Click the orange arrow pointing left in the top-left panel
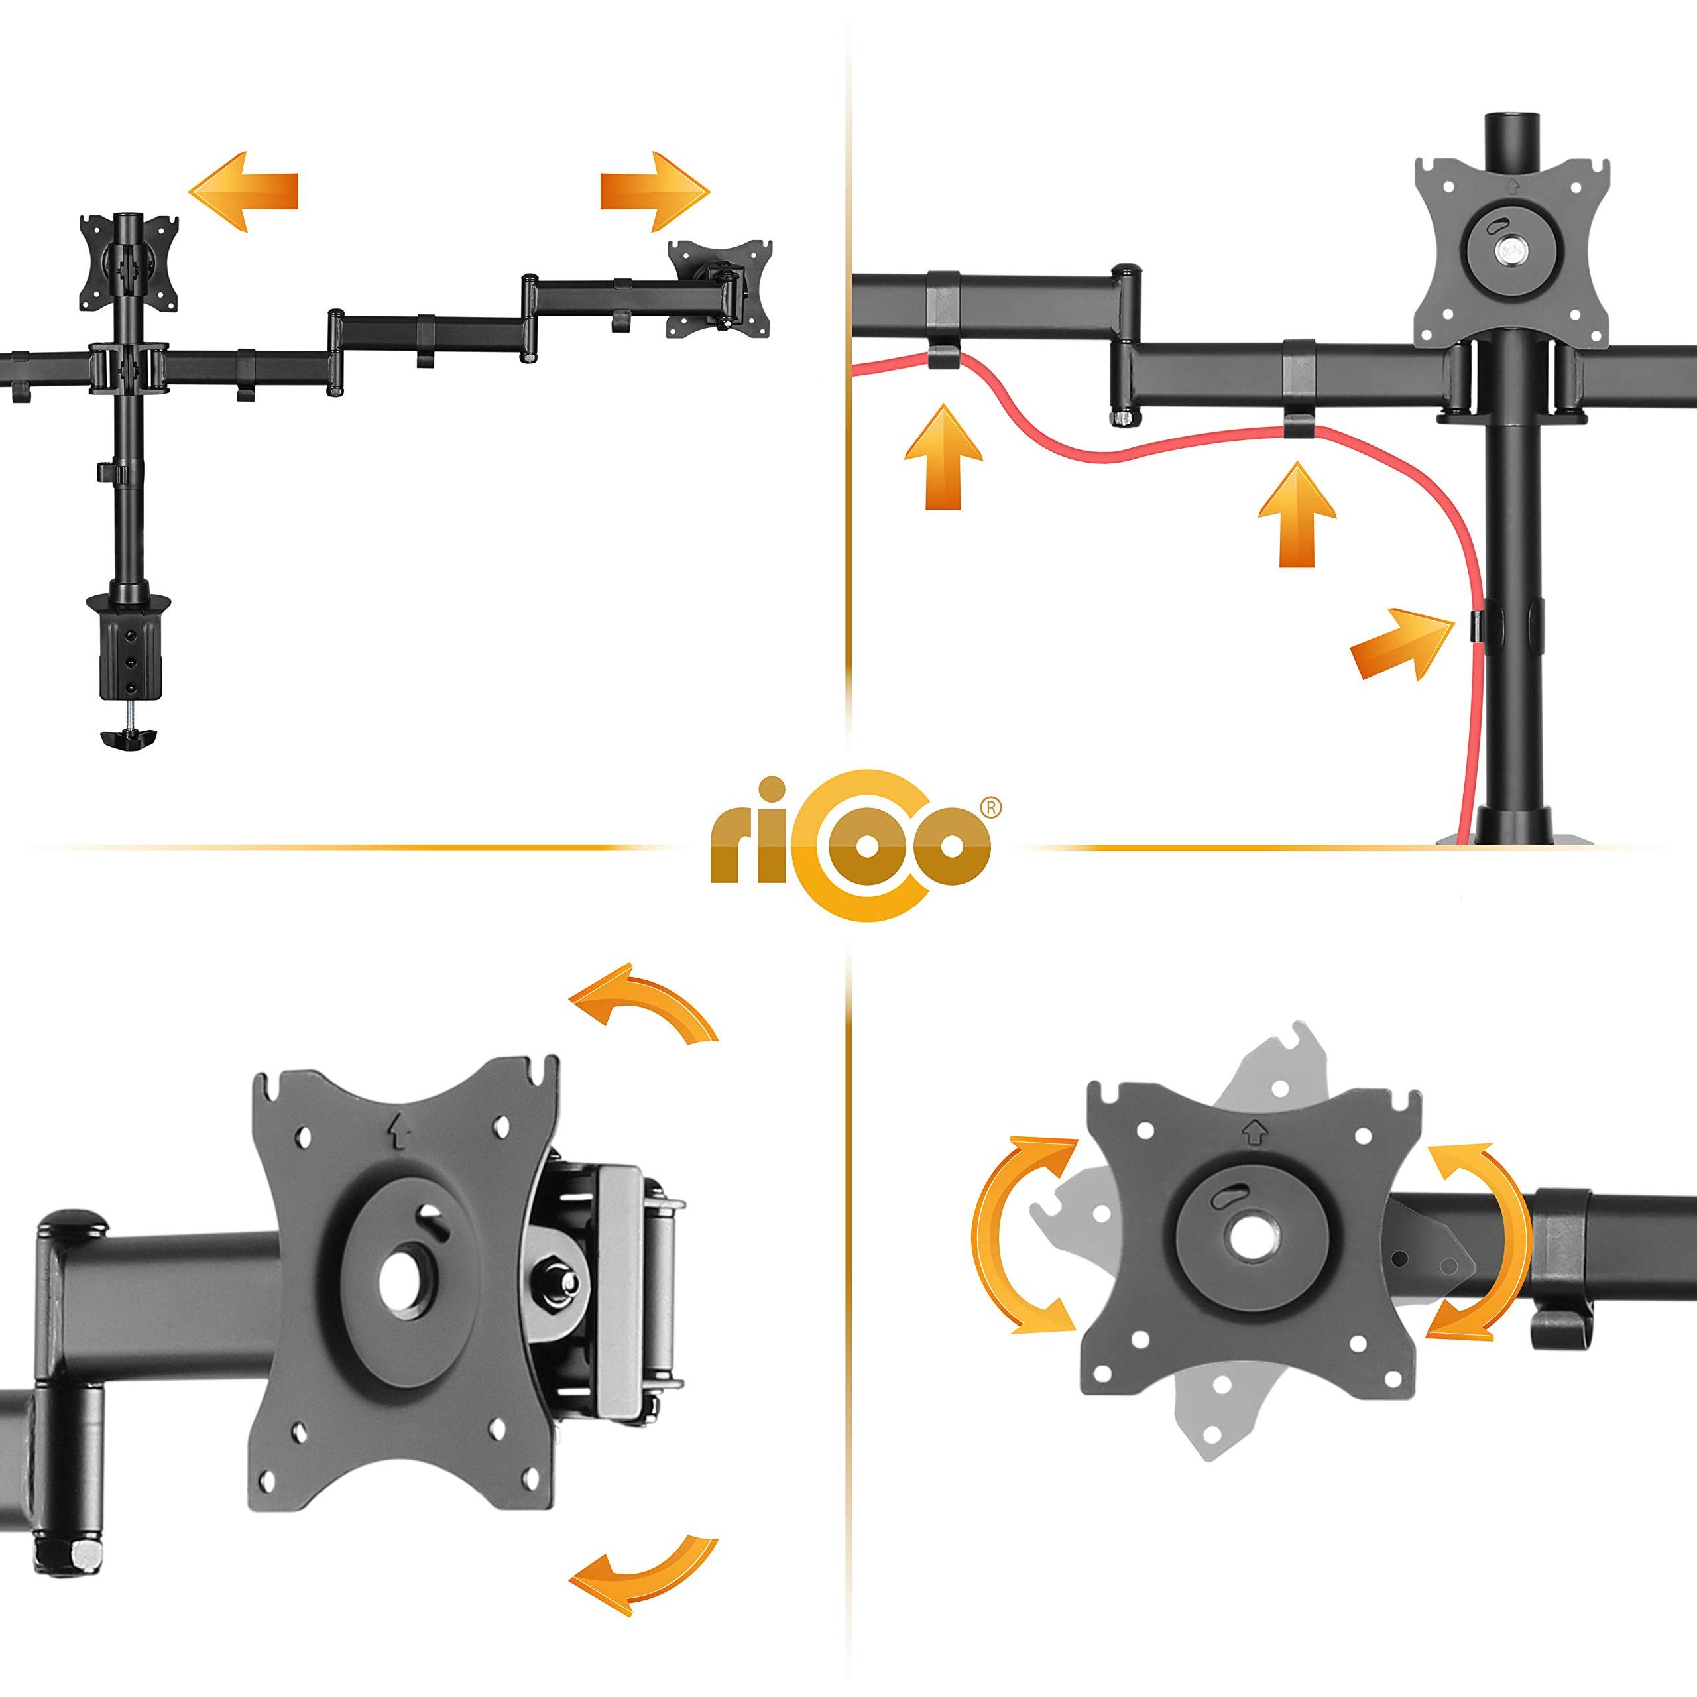(244, 192)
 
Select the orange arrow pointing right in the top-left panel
(654, 192)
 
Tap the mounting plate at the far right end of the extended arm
(721, 288)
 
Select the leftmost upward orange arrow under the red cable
(943, 457)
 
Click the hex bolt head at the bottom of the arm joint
(88, 1554)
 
